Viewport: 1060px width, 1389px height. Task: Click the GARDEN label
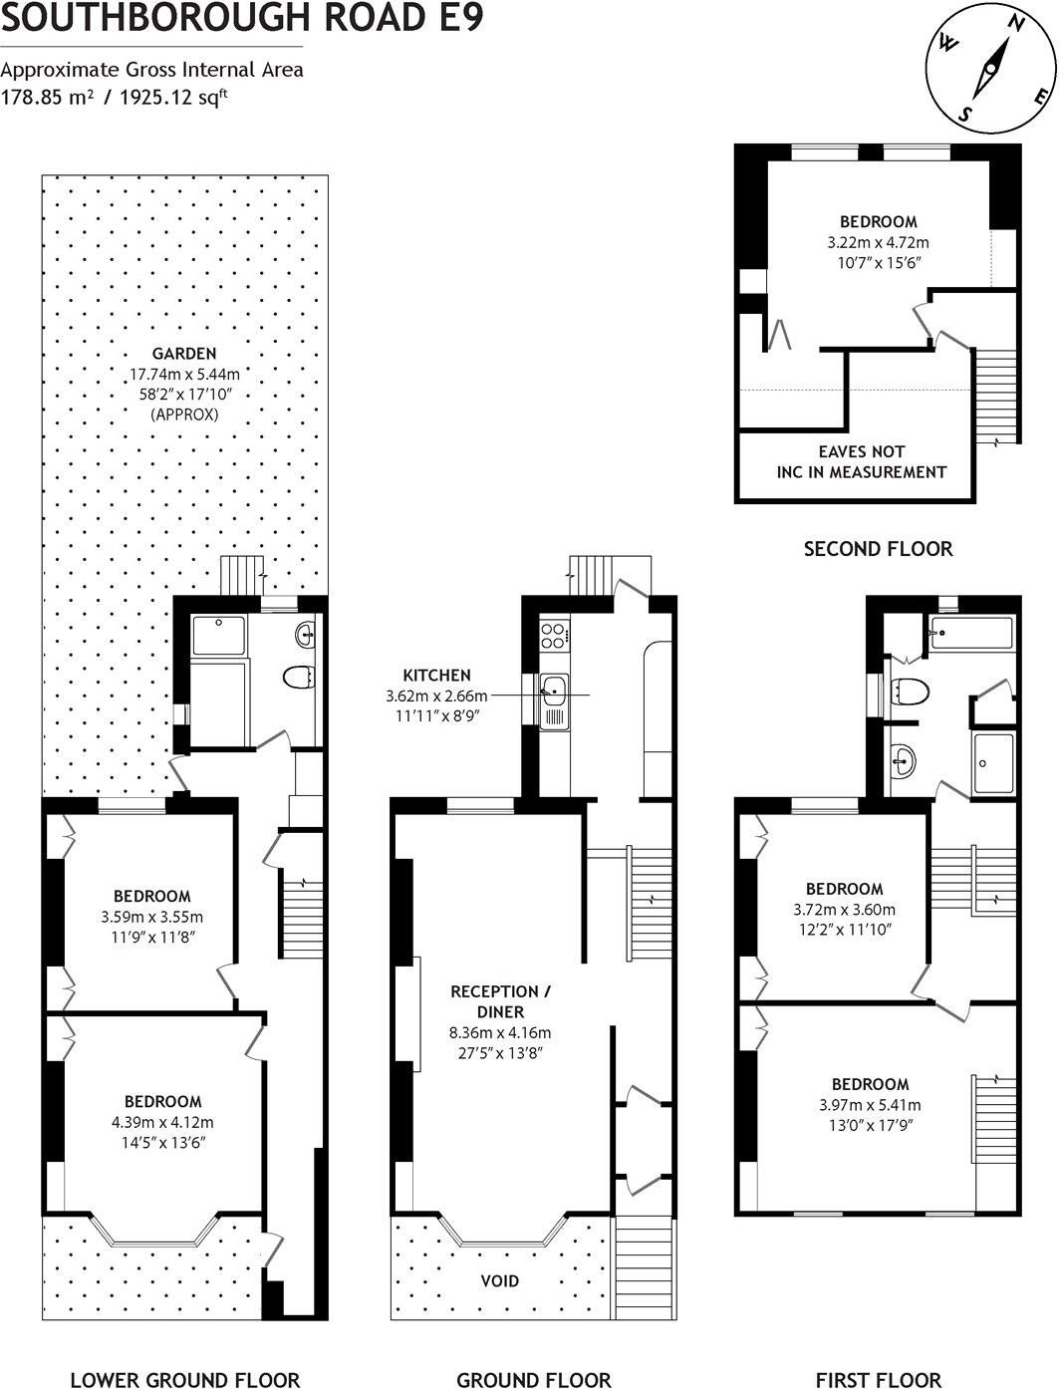[184, 353]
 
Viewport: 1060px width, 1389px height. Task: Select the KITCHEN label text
[436, 675]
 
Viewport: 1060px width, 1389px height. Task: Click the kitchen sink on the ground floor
[553, 688]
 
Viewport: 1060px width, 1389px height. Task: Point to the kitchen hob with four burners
[554, 634]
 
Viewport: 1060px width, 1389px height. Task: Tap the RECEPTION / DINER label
[500, 1001]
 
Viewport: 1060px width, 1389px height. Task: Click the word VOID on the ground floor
[500, 1280]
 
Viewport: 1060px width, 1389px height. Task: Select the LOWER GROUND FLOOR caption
[184, 1379]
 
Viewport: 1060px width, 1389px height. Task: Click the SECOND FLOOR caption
[878, 548]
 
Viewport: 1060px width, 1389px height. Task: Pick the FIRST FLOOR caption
[878, 1379]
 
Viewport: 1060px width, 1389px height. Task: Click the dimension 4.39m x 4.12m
[162, 1121]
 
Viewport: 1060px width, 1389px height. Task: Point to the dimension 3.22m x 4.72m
[878, 242]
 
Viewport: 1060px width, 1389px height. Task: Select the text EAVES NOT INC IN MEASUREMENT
[861, 461]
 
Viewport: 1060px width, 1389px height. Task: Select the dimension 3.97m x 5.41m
[870, 1104]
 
